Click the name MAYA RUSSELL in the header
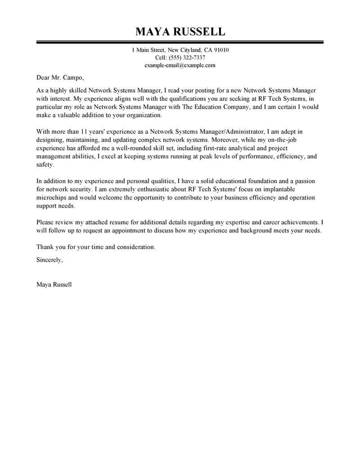(x=180, y=32)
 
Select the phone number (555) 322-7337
(x=187, y=58)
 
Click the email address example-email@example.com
(x=180, y=65)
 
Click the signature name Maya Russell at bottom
(x=54, y=285)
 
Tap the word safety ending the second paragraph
(x=45, y=165)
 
